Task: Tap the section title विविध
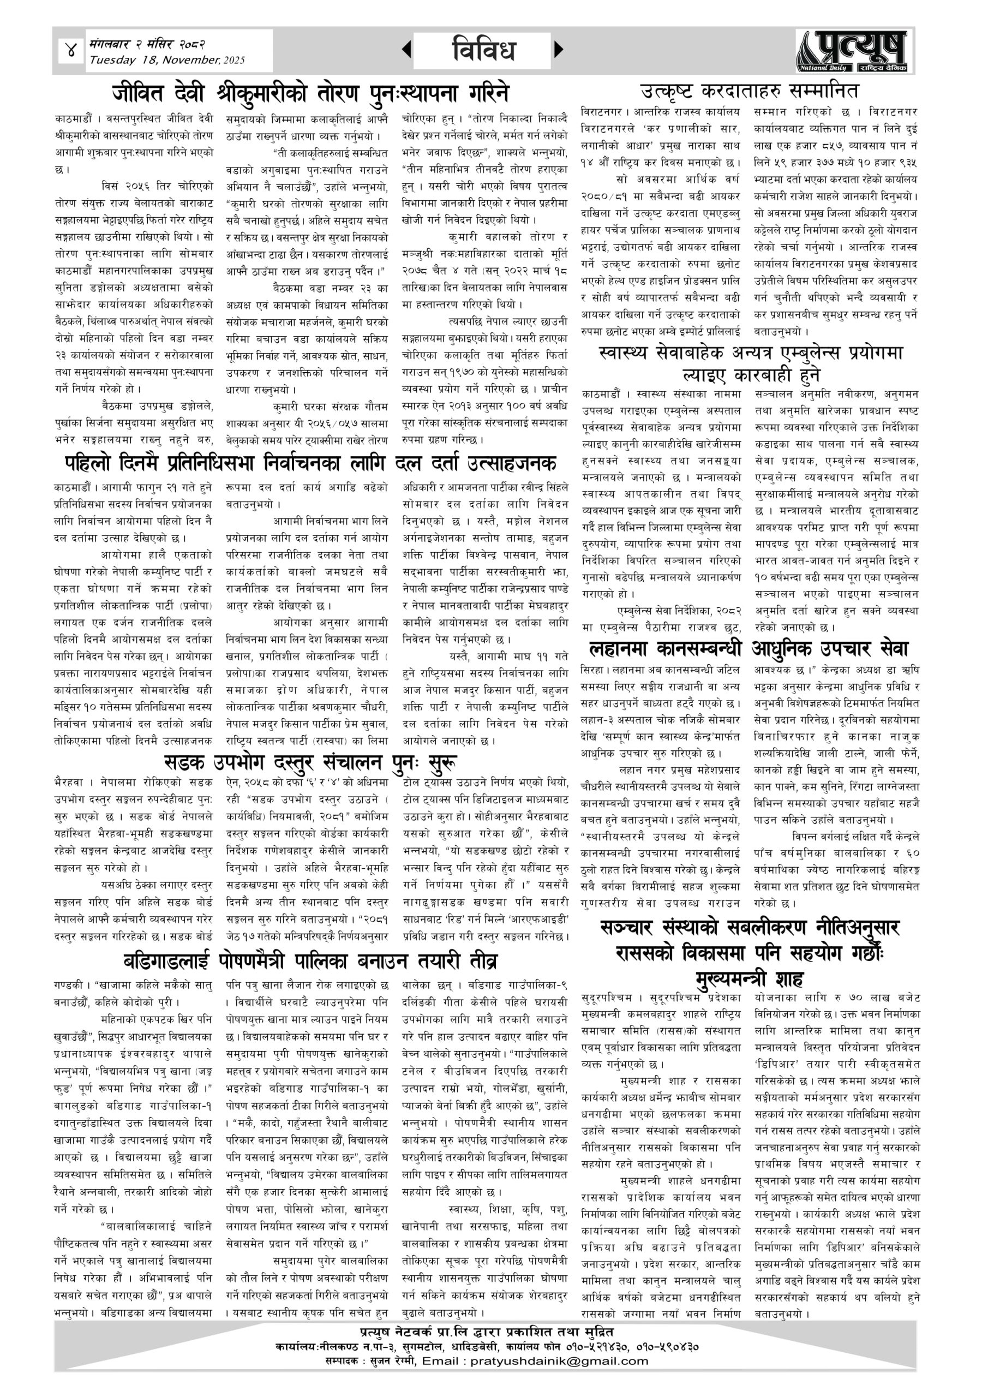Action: (x=484, y=49)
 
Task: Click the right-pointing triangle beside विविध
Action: (x=559, y=49)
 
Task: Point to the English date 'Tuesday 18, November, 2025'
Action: (x=167, y=60)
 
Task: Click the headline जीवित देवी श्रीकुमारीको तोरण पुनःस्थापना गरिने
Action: (x=310, y=94)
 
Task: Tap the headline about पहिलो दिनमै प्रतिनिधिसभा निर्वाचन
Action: (x=310, y=464)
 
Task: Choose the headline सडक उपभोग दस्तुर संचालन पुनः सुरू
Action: (x=310, y=762)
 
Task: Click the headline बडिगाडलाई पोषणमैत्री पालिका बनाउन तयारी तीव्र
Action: (x=310, y=962)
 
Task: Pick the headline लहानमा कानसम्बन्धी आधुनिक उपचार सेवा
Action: (x=750, y=649)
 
